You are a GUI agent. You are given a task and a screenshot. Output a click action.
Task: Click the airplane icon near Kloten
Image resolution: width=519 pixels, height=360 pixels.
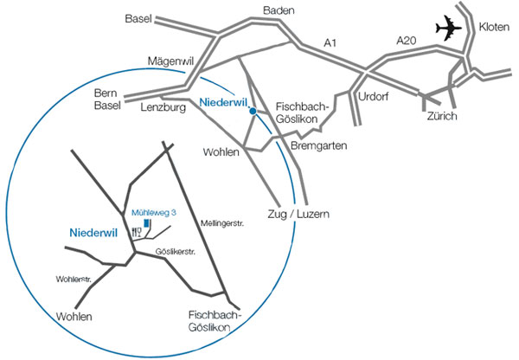(x=450, y=29)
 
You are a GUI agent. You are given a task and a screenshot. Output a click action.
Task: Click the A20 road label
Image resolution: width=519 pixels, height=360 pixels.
(x=406, y=40)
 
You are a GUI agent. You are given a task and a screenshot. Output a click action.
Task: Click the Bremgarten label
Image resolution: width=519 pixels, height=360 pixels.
(x=319, y=146)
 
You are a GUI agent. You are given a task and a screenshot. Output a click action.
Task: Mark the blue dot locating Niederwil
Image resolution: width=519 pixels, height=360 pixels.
(x=252, y=111)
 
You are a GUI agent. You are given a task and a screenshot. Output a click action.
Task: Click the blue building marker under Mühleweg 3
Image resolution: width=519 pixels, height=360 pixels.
(x=147, y=223)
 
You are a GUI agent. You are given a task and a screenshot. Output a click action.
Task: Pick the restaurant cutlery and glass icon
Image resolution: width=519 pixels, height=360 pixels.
(x=137, y=232)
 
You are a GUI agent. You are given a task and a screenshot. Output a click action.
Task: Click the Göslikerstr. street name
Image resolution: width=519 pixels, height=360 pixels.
(x=176, y=251)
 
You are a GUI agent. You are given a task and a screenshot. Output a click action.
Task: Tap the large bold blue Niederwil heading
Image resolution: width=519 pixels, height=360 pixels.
(x=92, y=233)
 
